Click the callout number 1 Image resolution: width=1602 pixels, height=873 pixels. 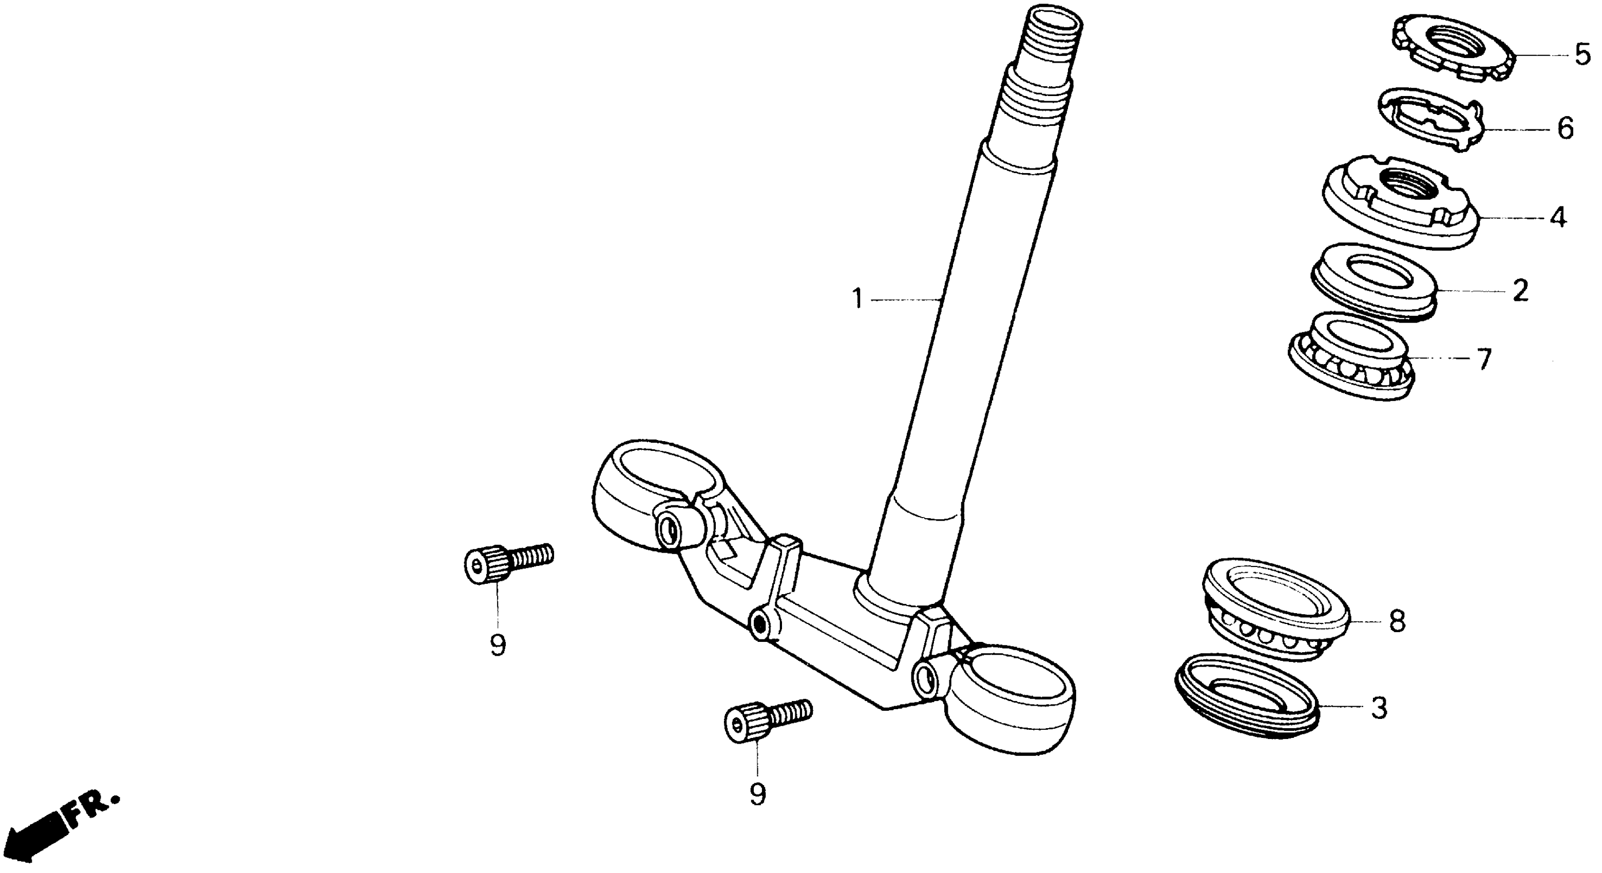(x=857, y=299)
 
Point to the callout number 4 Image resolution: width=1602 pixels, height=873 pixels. (x=1557, y=217)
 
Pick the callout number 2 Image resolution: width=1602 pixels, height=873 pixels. (x=1520, y=290)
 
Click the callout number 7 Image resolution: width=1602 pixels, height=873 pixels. (x=1484, y=359)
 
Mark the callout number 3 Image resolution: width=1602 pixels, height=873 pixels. (x=1379, y=708)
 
